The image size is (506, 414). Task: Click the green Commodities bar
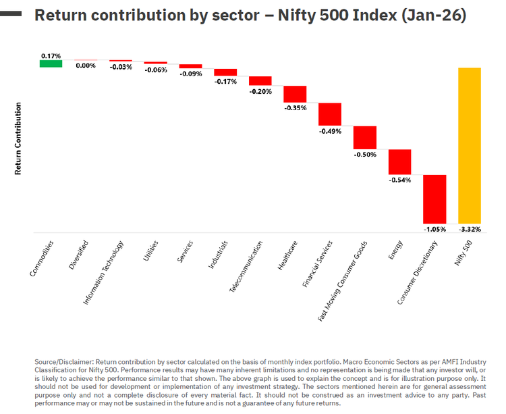tap(51, 63)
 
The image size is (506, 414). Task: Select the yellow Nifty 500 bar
tap(470, 145)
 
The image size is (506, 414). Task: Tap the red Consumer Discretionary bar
tap(434, 199)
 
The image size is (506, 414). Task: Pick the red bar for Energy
tap(399, 161)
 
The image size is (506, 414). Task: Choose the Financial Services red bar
tap(330, 114)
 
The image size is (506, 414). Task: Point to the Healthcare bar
tap(295, 94)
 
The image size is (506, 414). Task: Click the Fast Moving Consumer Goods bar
tap(365, 137)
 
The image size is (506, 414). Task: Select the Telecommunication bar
tap(260, 80)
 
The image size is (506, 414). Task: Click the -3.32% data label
tap(470, 229)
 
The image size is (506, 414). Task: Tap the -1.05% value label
tap(434, 229)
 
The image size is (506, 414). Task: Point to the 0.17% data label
tap(51, 55)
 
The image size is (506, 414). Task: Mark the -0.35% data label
tap(295, 107)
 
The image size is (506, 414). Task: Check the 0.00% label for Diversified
tap(86, 66)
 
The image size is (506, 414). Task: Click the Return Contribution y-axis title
tap(18, 138)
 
